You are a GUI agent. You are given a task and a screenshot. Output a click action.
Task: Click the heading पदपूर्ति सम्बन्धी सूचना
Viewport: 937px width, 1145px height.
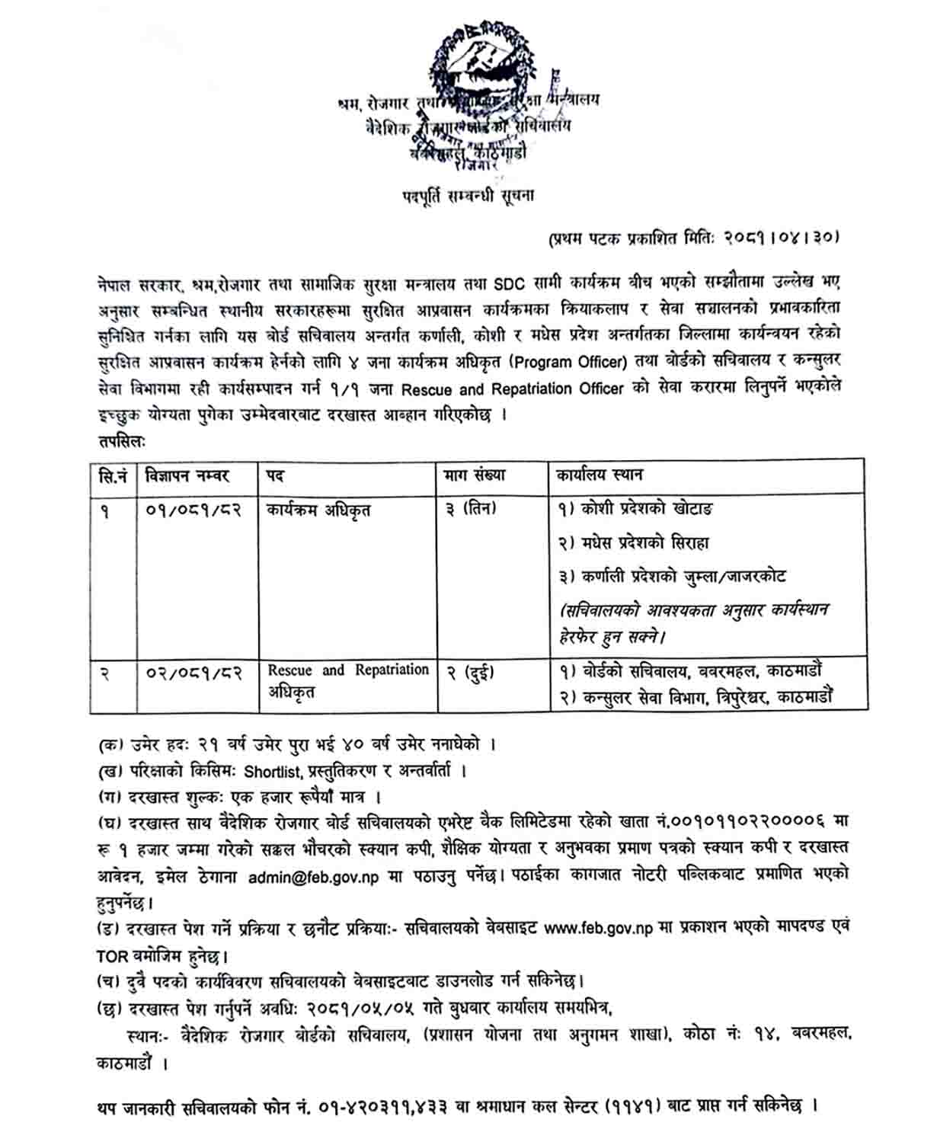tap(468, 196)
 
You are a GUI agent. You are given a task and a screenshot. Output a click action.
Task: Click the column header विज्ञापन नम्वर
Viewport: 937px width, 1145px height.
tap(187, 476)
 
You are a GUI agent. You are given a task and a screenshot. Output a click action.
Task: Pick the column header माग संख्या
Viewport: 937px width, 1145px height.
tap(475, 475)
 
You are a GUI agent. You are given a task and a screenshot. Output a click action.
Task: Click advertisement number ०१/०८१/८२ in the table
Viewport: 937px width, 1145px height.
tap(193, 510)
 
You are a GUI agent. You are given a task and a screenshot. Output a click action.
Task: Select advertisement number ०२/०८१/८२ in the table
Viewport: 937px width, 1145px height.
tap(193, 673)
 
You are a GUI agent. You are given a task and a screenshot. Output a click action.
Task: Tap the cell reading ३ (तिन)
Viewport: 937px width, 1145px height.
tap(471, 508)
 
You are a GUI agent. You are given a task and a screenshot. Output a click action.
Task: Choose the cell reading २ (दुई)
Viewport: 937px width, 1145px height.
tap(469, 673)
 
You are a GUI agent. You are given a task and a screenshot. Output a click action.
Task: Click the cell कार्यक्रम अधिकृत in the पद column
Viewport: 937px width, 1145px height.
tap(318, 510)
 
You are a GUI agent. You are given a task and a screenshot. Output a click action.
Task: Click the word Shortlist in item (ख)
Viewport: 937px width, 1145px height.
tap(273, 771)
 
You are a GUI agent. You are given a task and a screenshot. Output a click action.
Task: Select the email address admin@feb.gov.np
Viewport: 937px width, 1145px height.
tap(313, 876)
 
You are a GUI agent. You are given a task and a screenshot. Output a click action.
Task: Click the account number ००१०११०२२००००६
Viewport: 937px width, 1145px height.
tap(750, 822)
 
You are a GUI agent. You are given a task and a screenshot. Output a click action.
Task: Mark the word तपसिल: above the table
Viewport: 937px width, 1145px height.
tap(122, 440)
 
